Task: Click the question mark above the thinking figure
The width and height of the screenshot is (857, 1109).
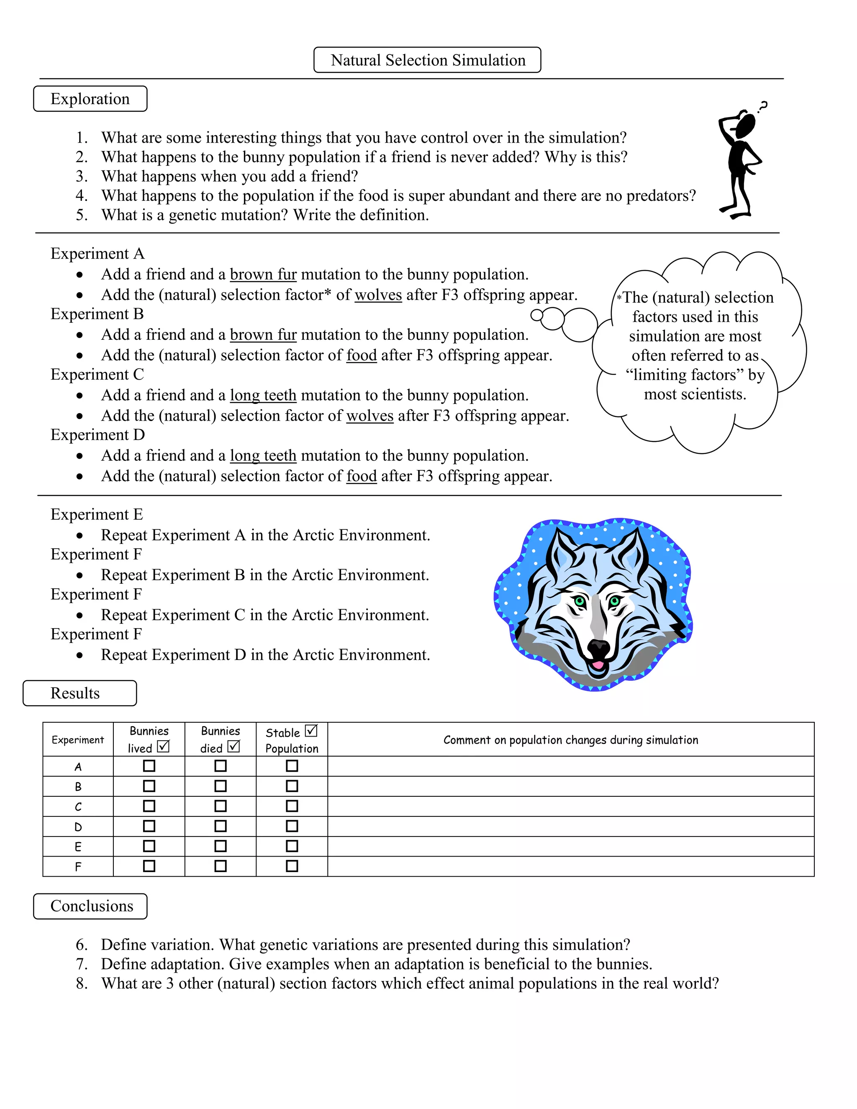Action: coord(762,107)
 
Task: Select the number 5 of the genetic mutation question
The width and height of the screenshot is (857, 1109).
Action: coord(81,215)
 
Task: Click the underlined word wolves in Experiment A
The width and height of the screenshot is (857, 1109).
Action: coord(378,295)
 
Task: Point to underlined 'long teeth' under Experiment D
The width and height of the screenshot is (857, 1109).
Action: coord(263,455)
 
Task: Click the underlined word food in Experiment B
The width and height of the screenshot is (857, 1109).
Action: coord(362,355)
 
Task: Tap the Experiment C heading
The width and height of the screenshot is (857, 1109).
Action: coord(97,375)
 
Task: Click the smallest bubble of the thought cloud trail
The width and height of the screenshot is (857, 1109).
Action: coord(536,316)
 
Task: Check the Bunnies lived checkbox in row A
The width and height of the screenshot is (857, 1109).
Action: coord(149,766)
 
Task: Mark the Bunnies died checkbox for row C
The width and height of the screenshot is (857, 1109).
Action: coord(221,806)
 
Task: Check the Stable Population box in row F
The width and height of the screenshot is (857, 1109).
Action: coord(292,866)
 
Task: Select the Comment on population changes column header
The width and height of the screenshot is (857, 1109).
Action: coord(570,740)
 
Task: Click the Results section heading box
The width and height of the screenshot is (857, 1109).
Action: coord(80,693)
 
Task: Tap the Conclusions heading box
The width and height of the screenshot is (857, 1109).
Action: coord(90,906)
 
